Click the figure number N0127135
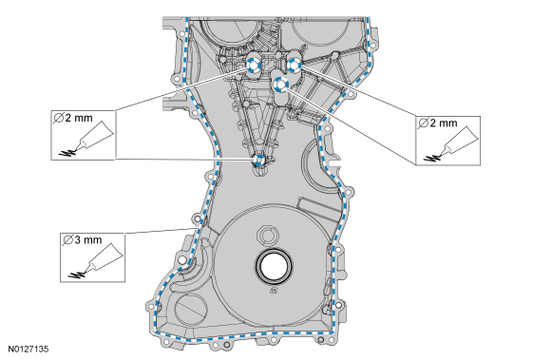(28, 350)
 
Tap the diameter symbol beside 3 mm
(67, 240)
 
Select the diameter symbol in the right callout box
(423, 123)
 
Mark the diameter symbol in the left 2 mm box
(59, 118)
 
